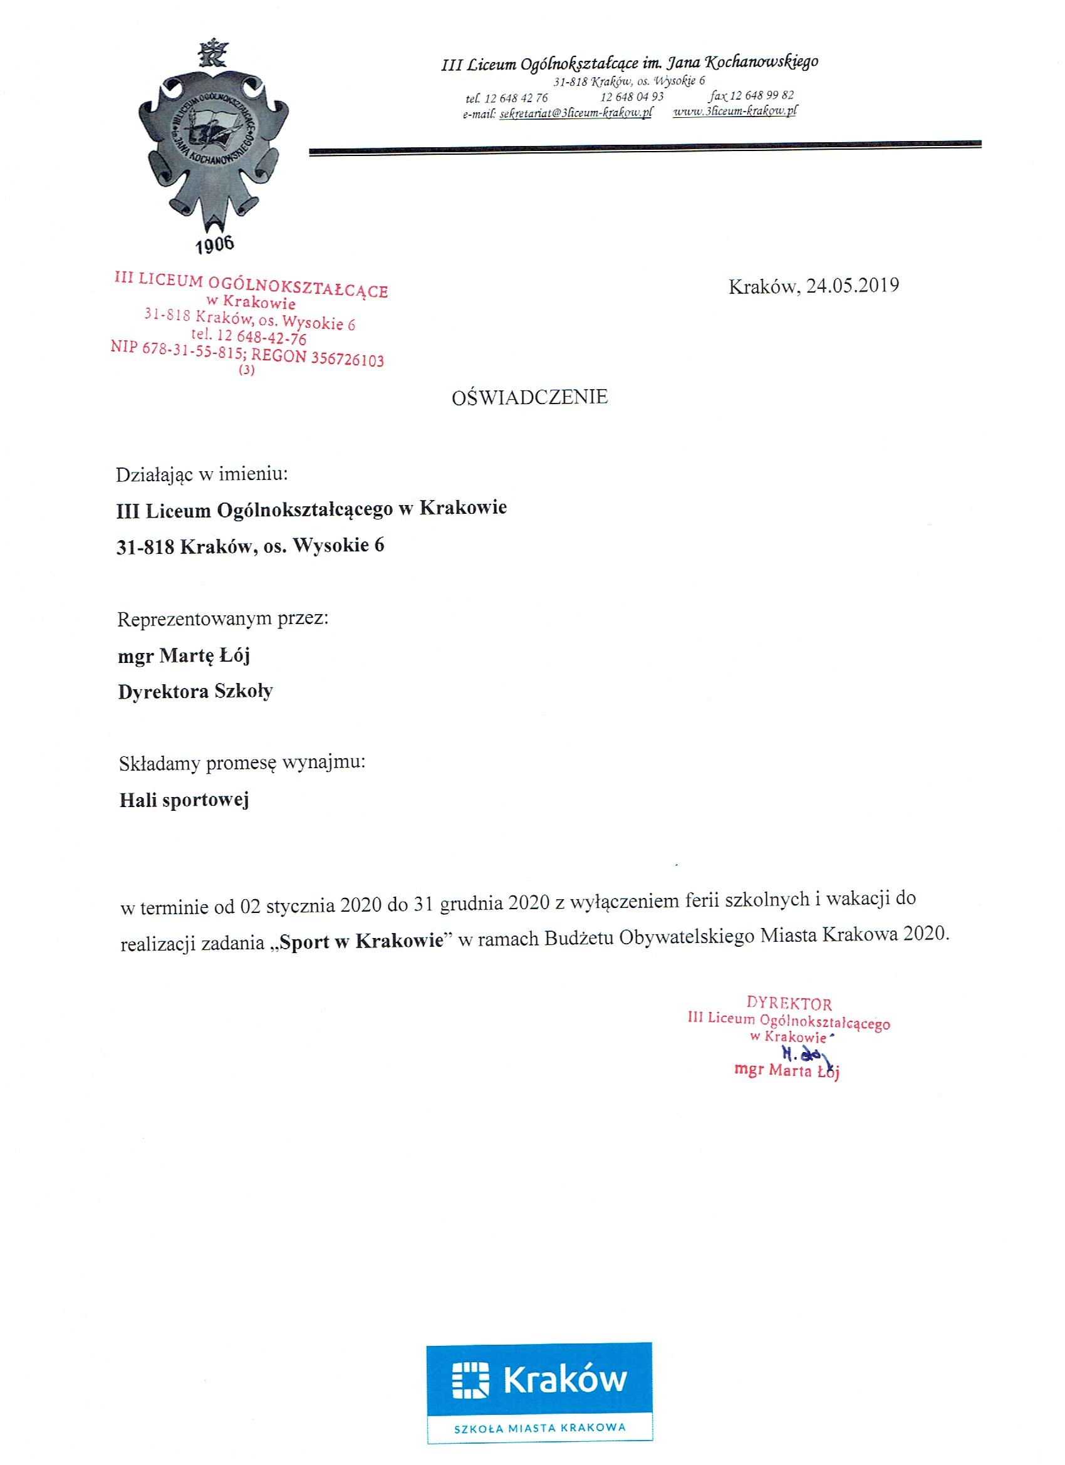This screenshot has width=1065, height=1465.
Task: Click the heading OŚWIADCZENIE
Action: click(x=529, y=397)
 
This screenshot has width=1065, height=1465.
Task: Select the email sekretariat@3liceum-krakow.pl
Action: click(x=576, y=112)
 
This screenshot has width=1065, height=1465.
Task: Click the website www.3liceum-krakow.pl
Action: click(x=735, y=111)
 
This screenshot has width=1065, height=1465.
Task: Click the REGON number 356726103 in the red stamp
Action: click(x=347, y=359)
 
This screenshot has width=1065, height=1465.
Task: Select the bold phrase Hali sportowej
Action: click(x=184, y=800)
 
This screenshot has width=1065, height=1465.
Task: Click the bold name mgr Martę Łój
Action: click(x=184, y=655)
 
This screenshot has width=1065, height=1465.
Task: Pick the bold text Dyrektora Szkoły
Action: click(x=195, y=692)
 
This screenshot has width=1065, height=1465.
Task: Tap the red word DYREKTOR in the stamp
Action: click(x=789, y=1004)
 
